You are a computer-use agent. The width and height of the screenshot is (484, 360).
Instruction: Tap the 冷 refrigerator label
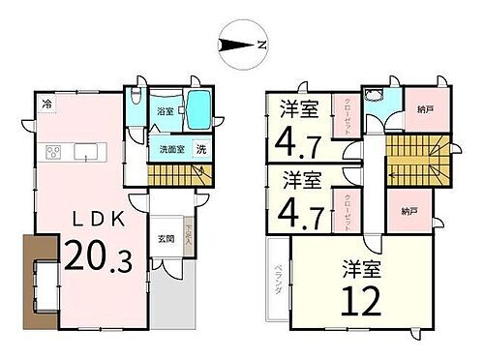click(47, 103)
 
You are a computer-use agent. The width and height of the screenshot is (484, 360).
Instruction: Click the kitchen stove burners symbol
click(52, 151)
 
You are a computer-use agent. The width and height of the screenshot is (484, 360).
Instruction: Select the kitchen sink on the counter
click(83, 152)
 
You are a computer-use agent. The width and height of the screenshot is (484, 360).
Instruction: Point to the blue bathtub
click(199, 110)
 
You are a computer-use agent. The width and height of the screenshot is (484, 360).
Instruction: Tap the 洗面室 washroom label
click(166, 150)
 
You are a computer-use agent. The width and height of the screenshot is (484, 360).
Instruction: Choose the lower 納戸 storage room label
click(408, 210)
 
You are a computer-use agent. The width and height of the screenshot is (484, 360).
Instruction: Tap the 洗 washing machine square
click(201, 149)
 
